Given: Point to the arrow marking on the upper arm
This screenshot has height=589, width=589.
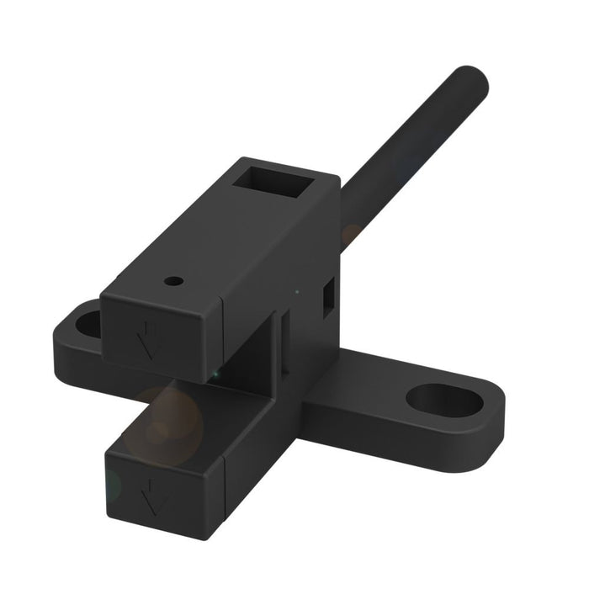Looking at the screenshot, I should (149, 338).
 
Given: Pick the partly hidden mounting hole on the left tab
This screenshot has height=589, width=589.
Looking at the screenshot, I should (86, 321).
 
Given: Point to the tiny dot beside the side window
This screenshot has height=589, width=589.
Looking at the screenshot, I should (296, 292).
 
